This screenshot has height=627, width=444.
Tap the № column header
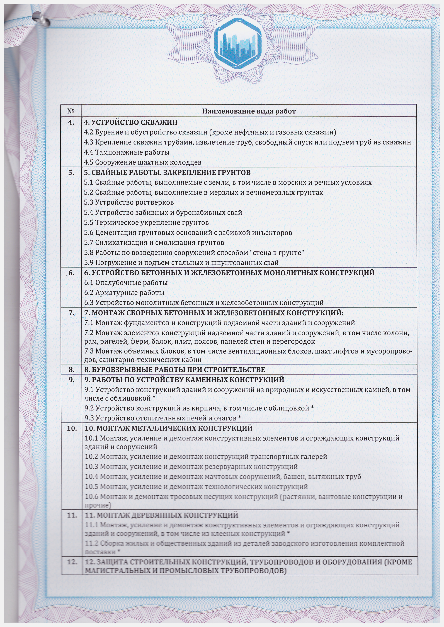pos(71,111)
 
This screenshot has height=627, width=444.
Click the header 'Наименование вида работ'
pos(249,111)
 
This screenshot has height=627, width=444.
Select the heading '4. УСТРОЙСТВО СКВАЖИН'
pos(131,122)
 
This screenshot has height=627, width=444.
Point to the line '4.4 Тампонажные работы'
pos(127,152)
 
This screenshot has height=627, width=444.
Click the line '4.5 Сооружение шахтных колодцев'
pos(142,162)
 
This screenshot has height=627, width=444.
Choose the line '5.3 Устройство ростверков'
pos(129,202)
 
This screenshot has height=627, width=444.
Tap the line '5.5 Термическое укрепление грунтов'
pos(146,223)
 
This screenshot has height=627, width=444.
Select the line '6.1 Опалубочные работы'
pos(126,283)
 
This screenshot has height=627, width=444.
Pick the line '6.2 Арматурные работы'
pos(124,293)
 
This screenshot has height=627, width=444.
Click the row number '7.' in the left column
pos(71,313)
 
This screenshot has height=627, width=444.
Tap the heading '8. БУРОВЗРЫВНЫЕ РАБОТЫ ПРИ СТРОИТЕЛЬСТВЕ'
pos(174,370)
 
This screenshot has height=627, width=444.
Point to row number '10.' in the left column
pos(72,428)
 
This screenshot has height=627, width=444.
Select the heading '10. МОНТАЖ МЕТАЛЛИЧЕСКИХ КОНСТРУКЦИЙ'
pos(168,428)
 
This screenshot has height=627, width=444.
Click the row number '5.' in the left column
pos(71,173)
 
